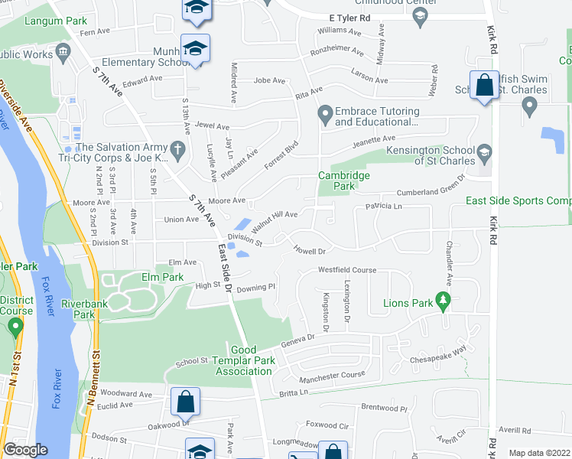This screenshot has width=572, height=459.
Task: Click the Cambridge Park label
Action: tap(344, 181)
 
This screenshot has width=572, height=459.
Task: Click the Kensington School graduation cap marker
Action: tap(484, 155)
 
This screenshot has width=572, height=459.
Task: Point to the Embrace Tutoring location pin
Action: tap(325, 116)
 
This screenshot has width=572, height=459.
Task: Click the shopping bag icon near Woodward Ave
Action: tap(186, 401)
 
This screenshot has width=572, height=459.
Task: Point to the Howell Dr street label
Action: tap(310, 250)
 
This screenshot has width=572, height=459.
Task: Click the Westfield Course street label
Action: tap(348, 270)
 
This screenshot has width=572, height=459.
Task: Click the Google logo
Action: tap(24, 450)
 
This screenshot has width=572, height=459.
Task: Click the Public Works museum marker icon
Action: tap(62, 50)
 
